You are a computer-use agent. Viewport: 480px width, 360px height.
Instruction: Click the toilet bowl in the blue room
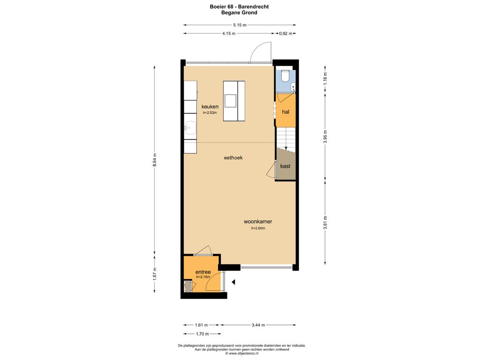[285, 76]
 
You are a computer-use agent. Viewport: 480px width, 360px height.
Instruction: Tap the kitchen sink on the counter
[190, 127]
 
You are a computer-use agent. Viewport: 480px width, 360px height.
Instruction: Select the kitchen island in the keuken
[234, 101]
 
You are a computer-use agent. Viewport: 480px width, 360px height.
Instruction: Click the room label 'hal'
[285, 112]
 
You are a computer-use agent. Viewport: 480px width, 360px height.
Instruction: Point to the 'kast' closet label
[285, 166]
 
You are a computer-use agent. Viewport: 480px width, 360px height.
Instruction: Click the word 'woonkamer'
[258, 222]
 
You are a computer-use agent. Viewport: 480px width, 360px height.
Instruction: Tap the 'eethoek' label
[233, 157]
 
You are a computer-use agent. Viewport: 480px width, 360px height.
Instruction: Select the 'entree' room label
[203, 272]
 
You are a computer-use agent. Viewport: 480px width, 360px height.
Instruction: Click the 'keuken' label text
[210, 106]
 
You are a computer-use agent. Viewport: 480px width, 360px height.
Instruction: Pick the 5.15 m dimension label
[240, 25]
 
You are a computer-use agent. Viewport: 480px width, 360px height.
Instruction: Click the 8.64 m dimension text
[155, 160]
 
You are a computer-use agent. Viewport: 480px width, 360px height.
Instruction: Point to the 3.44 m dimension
[258, 325]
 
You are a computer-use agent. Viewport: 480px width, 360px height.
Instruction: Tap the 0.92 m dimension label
[285, 34]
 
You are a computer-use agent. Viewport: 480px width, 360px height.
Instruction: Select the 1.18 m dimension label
[325, 78]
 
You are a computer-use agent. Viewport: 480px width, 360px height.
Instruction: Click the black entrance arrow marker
[233, 282]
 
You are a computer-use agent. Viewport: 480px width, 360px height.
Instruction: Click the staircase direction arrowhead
[285, 149]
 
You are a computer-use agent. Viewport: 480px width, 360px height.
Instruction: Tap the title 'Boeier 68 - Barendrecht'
[240, 7]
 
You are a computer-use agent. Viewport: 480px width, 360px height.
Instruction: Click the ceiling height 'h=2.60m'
[258, 228]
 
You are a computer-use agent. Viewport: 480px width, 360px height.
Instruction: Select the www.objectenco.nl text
[242, 353]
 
